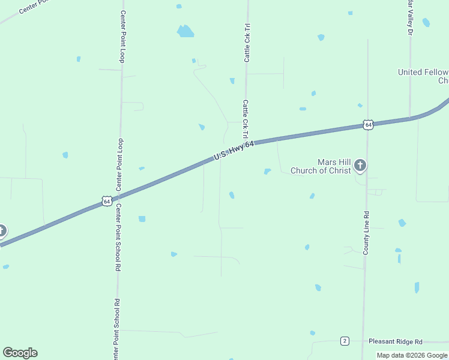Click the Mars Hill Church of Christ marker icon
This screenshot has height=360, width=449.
(x=360, y=165)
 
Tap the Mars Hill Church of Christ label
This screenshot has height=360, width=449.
(x=321, y=166)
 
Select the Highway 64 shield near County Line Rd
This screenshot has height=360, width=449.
(x=368, y=125)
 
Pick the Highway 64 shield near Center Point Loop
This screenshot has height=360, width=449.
(x=106, y=201)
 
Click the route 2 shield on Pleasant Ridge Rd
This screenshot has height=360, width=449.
(x=345, y=341)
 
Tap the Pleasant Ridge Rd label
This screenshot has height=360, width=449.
(x=396, y=341)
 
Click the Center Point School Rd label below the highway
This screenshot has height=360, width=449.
(x=118, y=238)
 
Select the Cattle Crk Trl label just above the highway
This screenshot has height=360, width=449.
(x=246, y=119)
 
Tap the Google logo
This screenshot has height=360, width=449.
(x=20, y=353)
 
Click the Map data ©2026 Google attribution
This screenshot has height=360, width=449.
(x=412, y=355)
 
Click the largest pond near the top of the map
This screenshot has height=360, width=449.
(x=185, y=31)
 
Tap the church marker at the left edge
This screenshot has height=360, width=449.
(x=2, y=230)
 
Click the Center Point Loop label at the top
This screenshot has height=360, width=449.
(x=122, y=37)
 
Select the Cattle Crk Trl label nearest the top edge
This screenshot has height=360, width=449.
(x=247, y=43)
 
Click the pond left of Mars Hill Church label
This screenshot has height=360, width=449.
(x=267, y=172)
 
